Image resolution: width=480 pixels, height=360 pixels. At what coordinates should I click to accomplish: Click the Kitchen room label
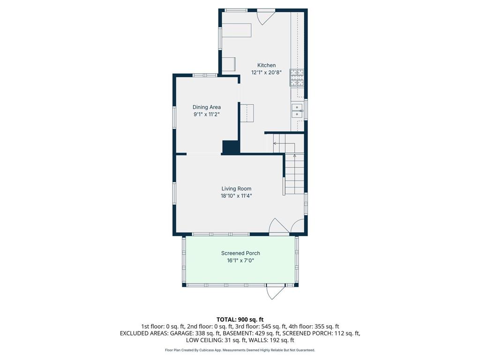tap(266, 65)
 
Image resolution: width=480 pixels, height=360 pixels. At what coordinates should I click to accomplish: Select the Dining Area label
tap(206, 107)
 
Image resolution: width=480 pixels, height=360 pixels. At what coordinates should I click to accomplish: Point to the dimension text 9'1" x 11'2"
tap(206, 114)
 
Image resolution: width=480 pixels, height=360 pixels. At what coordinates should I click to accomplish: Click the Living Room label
tap(236, 189)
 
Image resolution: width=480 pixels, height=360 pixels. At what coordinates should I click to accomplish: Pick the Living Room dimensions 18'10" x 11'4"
tap(236, 196)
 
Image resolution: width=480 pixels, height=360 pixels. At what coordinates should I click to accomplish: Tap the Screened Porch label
tap(240, 253)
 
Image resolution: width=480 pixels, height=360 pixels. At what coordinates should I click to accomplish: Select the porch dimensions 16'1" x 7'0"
tap(240, 260)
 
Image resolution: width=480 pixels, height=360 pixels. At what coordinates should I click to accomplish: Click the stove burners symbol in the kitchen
tap(296, 78)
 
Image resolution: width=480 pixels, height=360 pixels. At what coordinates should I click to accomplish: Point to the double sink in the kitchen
tap(297, 111)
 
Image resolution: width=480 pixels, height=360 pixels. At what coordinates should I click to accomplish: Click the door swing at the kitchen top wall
tap(265, 17)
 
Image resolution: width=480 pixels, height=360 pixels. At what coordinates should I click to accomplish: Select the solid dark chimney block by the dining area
tap(231, 147)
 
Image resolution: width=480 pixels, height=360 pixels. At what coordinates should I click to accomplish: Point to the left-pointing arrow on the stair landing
tap(275, 143)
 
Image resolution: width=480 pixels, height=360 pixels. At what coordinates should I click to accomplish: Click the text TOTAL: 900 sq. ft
tap(240, 320)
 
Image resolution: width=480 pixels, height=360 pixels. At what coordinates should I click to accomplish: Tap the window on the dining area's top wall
tap(205, 75)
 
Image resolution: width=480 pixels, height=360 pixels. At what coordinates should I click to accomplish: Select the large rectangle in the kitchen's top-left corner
tap(237, 30)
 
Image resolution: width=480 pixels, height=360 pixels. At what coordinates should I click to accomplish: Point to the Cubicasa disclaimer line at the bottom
tap(240, 350)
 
